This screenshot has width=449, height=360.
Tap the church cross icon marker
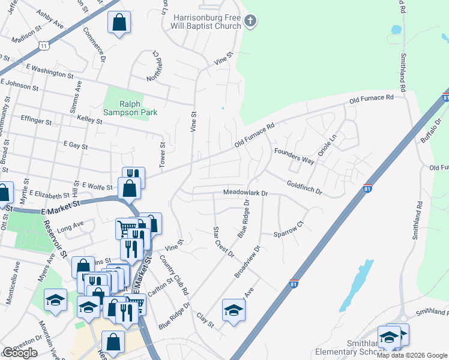pos(250,22)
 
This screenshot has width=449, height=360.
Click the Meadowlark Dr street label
pos(245,193)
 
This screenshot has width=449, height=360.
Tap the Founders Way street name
pos(294,157)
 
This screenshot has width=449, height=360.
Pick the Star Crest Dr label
pos(223,242)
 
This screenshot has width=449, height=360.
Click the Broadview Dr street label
pos(247,262)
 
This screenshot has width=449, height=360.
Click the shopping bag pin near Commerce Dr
pos(119,23)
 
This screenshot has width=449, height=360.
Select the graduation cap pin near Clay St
pos(234,310)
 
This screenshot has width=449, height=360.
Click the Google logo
pos(20,353)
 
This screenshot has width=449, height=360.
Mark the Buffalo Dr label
pos(430,131)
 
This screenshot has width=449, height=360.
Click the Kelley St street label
pos(90,120)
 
